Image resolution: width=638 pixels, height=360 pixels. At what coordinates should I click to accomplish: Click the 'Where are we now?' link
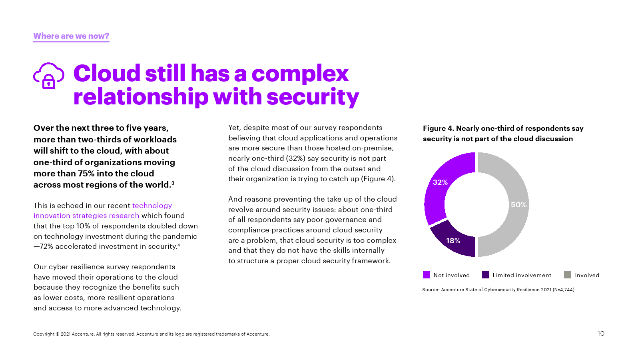pos(71,36)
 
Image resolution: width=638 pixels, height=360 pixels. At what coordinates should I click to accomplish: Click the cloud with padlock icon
pos(48,76)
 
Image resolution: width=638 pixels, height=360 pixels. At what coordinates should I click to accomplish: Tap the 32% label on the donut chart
pos(440,182)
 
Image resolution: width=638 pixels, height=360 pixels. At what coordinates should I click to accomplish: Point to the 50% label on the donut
pos(518,205)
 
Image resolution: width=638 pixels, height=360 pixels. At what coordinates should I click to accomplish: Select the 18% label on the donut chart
pos(453,241)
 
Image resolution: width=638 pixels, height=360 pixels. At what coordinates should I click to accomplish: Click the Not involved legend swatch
pos(427,275)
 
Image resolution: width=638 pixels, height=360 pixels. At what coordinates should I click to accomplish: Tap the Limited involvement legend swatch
pos(485,275)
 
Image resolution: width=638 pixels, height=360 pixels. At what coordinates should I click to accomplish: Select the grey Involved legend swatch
pos(567,275)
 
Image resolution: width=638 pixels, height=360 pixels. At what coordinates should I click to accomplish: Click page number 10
pos(601,334)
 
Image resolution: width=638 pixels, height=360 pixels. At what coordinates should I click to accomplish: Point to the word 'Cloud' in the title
pos(107,74)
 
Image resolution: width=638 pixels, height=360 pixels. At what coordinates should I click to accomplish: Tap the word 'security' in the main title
pos(313,97)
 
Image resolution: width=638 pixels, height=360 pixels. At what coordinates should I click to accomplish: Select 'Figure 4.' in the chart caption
pos(438,128)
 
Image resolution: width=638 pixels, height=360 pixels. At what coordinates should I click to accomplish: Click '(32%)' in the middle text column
pos(295,158)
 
